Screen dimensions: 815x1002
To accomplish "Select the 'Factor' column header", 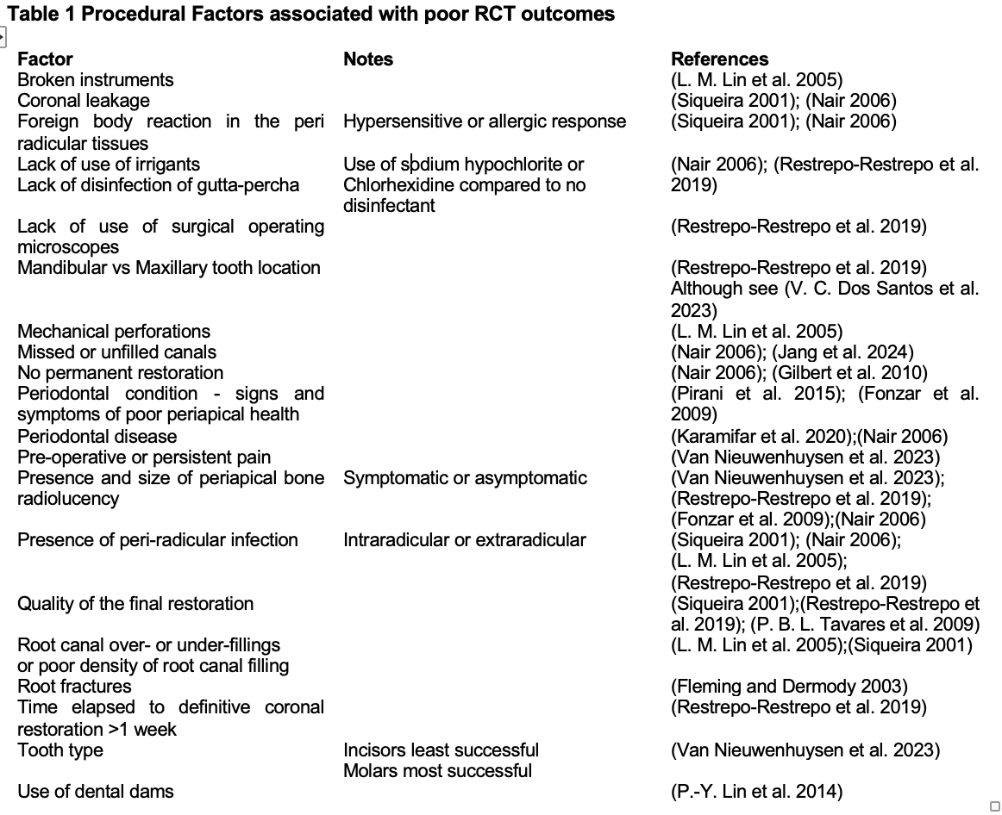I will (x=45, y=59).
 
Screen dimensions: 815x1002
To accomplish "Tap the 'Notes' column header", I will (x=368, y=59).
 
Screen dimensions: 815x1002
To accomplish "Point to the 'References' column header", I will (x=719, y=59).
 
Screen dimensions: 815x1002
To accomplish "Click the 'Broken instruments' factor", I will (x=95, y=79).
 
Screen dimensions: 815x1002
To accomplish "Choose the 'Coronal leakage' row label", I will (x=84, y=100).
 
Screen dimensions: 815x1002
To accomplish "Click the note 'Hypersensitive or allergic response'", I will (x=485, y=121).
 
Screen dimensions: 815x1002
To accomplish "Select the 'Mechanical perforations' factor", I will (x=114, y=331).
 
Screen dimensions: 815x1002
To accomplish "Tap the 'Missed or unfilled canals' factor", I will (x=117, y=352).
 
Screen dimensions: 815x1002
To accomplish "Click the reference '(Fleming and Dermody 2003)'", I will (x=789, y=687).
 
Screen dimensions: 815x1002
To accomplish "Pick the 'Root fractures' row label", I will (x=75, y=687).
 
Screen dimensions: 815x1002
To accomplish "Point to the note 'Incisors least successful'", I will (x=441, y=750).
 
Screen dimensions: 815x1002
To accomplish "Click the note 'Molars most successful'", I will (x=437, y=770).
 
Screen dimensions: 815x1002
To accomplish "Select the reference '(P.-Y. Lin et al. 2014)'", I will (x=756, y=791).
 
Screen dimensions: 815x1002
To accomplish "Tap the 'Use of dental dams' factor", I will (x=96, y=791).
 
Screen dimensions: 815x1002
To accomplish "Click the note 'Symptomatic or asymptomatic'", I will (x=465, y=477).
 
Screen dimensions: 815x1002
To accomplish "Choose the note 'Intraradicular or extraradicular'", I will (x=464, y=539).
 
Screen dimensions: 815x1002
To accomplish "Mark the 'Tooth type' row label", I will (x=60, y=750).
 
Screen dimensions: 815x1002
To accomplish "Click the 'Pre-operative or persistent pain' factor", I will (x=144, y=457).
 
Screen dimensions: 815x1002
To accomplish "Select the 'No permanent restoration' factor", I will (x=120, y=372).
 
